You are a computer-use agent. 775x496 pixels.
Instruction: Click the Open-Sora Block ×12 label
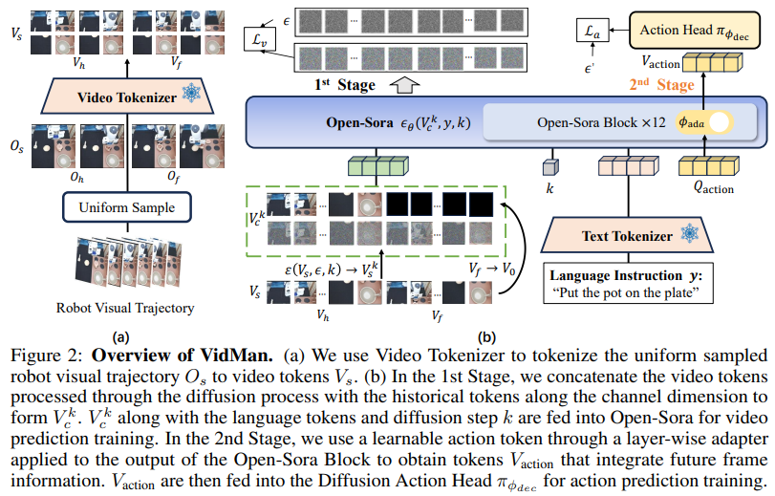point(597,122)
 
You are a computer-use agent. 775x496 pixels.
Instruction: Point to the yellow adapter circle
point(718,122)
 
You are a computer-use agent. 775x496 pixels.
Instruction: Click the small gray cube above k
point(550,166)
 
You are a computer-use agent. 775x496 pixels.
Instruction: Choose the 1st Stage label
point(345,86)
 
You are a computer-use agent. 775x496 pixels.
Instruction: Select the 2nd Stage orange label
point(660,84)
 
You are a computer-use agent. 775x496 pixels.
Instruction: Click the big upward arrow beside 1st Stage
point(406,86)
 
